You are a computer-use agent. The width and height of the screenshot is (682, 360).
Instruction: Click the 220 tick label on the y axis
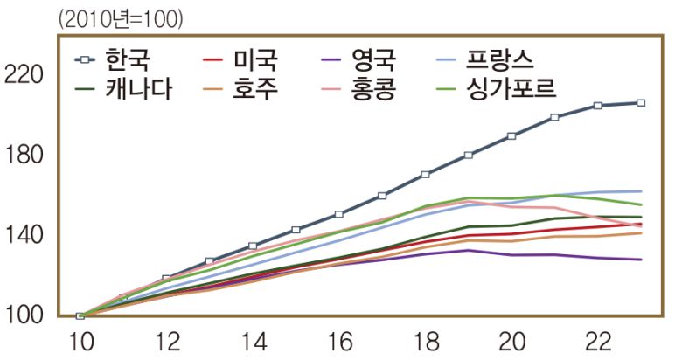point(24,76)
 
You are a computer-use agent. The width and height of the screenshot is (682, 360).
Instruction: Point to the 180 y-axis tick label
point(24,156)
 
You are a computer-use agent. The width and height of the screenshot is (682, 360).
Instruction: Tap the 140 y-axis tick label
point(24,235)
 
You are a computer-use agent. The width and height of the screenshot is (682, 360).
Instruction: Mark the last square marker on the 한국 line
point(641,103)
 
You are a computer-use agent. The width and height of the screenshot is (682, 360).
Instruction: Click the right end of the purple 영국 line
point(641,260)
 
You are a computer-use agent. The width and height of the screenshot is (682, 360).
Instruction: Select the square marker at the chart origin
point(80,315)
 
